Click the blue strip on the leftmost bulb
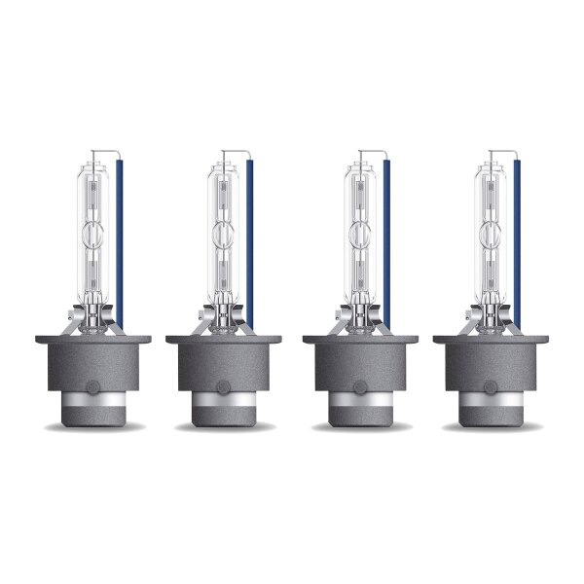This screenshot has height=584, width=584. (x=119, y=243)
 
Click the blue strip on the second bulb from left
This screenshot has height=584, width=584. (x=251, y=243)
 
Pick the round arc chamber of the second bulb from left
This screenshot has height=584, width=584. (x=225, y=235)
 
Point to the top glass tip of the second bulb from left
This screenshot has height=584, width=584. (x=224, y=155)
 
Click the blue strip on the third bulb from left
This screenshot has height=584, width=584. (x=386, y=243)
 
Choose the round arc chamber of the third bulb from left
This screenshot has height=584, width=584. (x=360, y=235)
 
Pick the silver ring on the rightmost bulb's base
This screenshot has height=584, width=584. (x=493, y=400)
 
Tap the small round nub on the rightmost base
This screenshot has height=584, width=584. (x=493, y=386)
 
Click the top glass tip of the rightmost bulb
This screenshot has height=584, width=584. (x=493, y=155)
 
